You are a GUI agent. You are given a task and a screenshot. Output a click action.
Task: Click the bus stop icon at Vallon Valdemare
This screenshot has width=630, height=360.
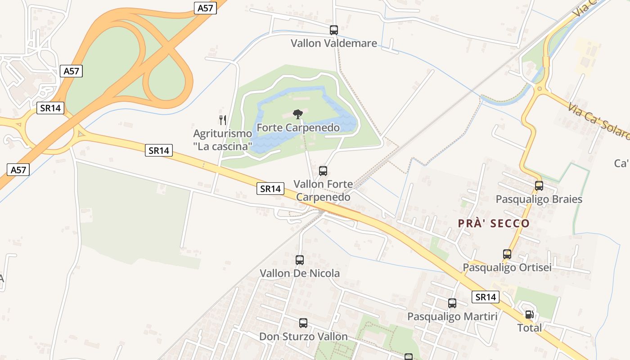(333, 30)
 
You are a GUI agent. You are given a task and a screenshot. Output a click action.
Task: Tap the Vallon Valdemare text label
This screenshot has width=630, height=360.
(333, 44)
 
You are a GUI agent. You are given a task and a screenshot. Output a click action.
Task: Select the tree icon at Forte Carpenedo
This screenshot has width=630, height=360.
(297, 114)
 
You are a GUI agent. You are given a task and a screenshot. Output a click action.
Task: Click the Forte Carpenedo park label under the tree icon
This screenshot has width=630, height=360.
(298, 128)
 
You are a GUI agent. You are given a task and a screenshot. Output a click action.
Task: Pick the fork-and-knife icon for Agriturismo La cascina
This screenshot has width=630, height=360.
(222, 120)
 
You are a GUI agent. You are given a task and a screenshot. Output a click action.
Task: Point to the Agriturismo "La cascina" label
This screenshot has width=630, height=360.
(222, 140)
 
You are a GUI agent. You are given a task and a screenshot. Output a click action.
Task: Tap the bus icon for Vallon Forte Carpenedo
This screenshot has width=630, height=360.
(323, 171)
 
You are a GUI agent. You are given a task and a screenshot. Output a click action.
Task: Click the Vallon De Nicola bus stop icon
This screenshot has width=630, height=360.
(300, 260)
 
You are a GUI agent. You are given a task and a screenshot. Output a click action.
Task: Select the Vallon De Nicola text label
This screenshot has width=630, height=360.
(300, 273)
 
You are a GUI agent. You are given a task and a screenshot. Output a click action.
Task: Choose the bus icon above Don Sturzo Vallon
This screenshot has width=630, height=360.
(303, 323)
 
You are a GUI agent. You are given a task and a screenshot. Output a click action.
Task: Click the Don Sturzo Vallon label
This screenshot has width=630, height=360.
(303, 337)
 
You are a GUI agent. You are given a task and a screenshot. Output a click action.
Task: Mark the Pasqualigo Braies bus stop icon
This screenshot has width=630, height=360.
(539, 185)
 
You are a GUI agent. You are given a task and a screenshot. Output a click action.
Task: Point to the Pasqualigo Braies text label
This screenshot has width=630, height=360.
(539, 199)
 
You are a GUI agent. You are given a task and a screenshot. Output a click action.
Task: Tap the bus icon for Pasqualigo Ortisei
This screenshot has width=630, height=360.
(507, 254)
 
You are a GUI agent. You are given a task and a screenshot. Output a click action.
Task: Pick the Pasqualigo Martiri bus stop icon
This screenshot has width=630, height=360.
(452, 303)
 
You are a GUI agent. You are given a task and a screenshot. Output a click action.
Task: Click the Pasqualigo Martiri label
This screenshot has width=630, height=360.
(452, 317)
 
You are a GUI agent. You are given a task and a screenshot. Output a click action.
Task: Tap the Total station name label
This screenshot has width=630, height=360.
(530, 328)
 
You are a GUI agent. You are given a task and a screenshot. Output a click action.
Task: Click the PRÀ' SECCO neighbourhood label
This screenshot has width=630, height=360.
(494, 224)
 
